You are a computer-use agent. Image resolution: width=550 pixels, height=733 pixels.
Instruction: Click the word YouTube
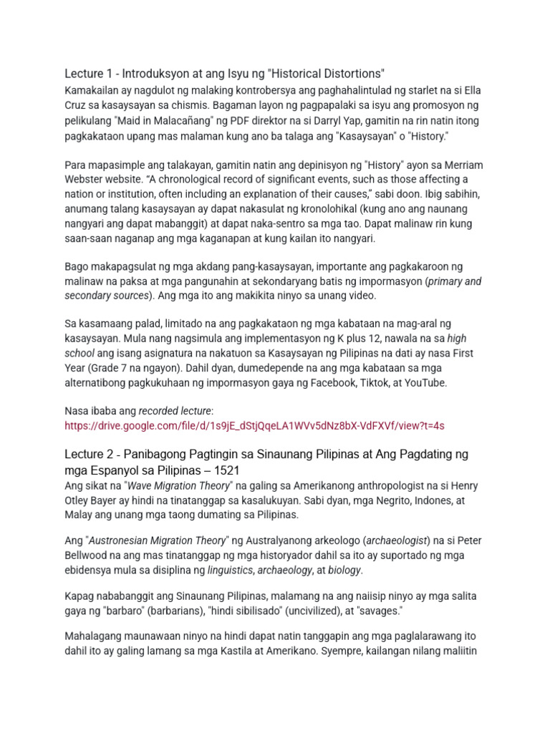(x=423, y=383)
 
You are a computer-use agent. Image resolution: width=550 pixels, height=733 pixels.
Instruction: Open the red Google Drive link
(x=254, y=425)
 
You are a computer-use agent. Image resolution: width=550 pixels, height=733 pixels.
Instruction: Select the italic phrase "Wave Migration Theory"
(x=188, y=485)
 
